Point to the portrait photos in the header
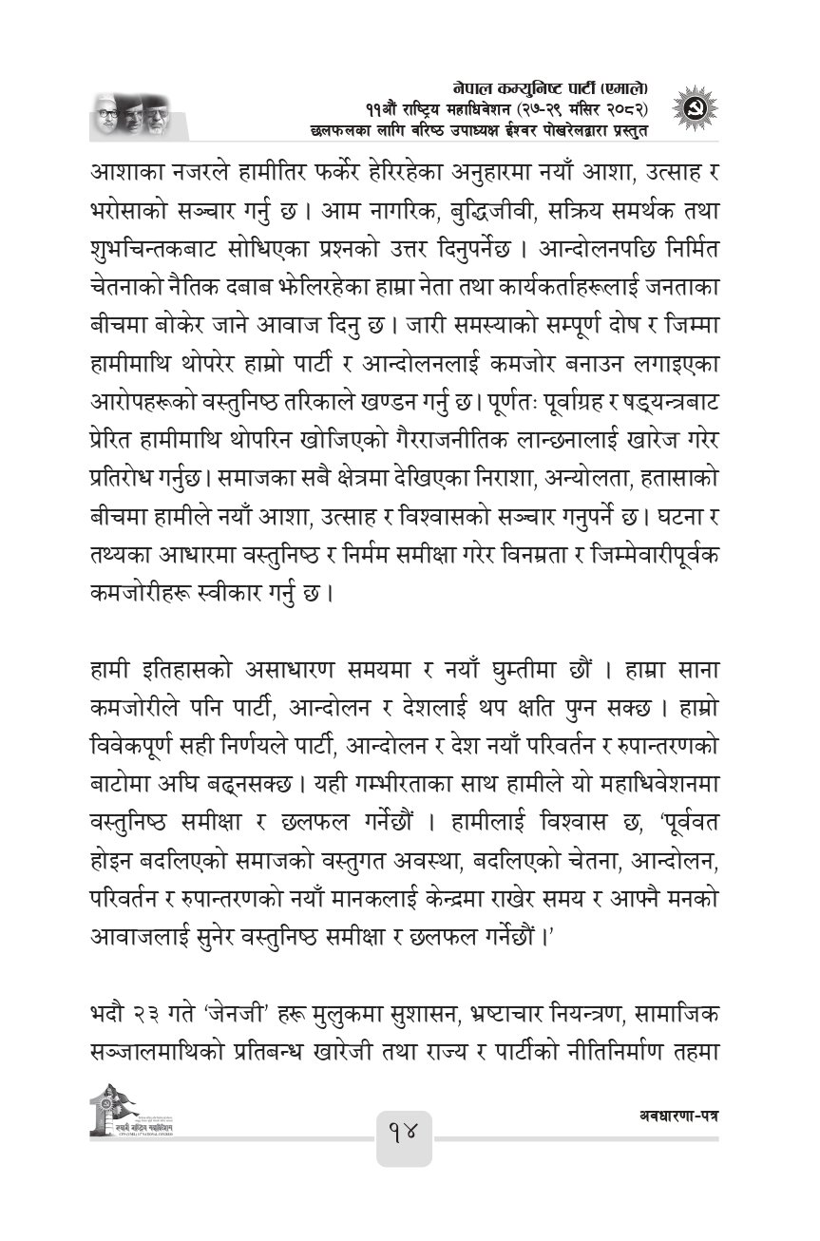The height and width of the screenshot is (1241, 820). [129, 114]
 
